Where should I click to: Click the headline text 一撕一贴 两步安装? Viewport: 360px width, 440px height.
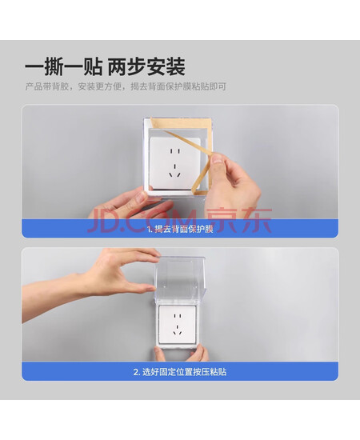coord(105,66)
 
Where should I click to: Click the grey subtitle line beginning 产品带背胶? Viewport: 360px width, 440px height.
coord(126,86)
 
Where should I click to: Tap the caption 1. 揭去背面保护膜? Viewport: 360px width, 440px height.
coord(180,229)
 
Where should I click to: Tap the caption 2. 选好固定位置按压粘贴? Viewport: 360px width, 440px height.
coord(180,372)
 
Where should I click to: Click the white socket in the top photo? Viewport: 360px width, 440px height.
coord(175,163)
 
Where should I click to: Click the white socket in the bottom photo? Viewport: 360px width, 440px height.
coord(178,324)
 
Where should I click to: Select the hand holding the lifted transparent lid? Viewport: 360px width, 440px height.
coord(93,283)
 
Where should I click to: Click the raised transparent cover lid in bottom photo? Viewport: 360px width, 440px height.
coord(180,279)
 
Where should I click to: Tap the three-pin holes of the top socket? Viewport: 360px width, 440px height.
coord(175,171)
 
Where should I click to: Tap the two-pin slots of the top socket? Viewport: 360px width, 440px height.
coord(175,151)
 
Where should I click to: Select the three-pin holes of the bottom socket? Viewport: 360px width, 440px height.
coord(178,330)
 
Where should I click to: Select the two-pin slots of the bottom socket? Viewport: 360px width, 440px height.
coord(178,315)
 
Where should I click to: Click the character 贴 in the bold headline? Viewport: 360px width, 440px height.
coord(93,66)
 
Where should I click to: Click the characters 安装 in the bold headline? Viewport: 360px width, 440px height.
coord(166,66)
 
